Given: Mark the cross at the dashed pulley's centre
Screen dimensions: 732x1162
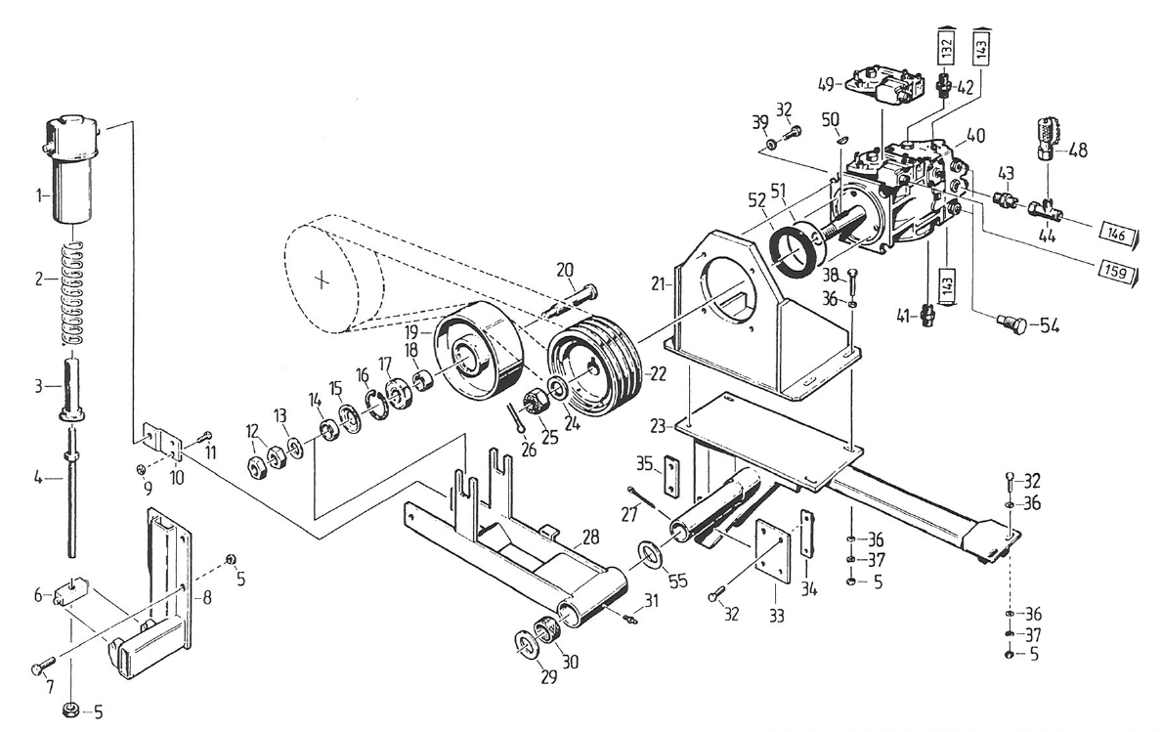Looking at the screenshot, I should [x=321, y=280].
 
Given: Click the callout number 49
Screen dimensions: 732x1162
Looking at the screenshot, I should [x=826, y=83].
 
